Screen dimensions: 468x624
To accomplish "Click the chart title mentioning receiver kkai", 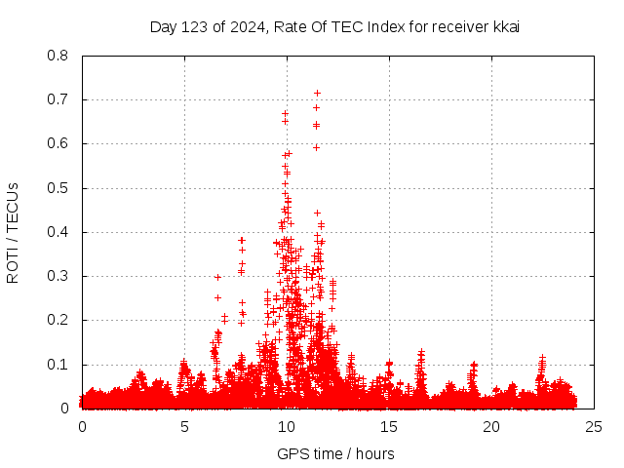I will tap(334, 26).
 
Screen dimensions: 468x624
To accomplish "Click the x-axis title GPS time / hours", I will tap(335, 453).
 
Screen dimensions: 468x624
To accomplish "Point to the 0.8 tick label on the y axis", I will tap(58, 56).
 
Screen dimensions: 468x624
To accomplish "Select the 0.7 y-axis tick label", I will tap(58, 99).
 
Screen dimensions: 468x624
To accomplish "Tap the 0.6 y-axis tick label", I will tap(58, 143).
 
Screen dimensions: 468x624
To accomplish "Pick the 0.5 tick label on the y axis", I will tap(58, 188).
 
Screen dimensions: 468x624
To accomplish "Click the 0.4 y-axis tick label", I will tap(58, 232).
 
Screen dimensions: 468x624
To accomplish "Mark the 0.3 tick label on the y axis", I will tap(58, 276).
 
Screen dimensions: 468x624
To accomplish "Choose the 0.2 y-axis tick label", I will tap(58, 320).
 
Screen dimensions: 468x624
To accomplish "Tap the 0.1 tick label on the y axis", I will tap(58, 365).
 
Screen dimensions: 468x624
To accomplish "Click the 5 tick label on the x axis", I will tap(184, 427).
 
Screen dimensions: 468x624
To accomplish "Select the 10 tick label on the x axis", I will tap(287, 427).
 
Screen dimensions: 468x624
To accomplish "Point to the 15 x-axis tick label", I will tap(389, 427).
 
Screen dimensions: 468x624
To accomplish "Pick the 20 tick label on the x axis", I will tap(491, 427).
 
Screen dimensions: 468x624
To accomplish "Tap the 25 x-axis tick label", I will tap(594, 427).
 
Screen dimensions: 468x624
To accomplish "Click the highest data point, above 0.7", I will tap(317, 94).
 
